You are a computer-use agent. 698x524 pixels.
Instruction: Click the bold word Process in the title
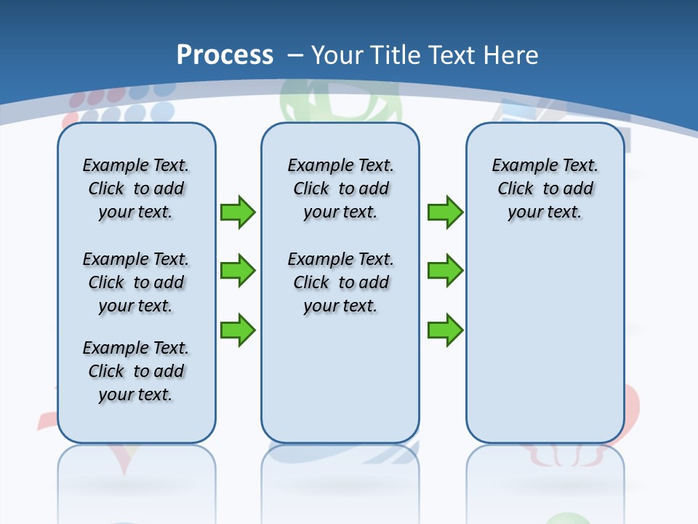pos(225,55)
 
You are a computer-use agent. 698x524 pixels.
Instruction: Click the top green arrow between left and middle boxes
pos(238,212)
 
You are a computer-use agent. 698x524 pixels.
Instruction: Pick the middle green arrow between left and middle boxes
pos(238,271)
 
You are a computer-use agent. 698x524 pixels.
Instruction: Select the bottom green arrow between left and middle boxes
pos(238,330)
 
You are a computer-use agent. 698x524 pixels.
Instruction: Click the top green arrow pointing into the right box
pos(445,212)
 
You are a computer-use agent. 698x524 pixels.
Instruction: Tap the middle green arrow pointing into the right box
pos(445,271)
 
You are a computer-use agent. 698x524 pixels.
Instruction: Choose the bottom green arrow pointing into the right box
pos(445,330)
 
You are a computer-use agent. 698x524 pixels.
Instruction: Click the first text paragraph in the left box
pos(136,188)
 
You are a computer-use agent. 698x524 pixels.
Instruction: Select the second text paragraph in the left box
pos(136,282)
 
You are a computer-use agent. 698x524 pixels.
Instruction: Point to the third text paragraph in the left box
pos(136,371)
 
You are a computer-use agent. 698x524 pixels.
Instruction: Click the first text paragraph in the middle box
pos(340,188)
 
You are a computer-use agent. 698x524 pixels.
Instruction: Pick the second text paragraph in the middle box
pos(340,282)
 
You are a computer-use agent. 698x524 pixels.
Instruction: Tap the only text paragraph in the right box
pos(545,188)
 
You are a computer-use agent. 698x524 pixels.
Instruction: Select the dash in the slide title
pos(295,55)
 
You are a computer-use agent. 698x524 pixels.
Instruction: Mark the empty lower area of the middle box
pos(340,378)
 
